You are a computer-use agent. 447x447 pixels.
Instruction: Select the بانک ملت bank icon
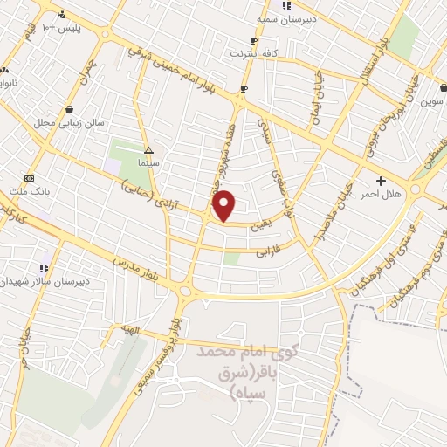(x=30, y=177)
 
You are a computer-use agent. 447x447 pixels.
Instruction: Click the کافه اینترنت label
(x=253, y=53)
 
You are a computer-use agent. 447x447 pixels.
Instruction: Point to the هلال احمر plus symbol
(x=381, y=180)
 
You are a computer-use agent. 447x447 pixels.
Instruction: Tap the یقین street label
(x=261, y=223)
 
